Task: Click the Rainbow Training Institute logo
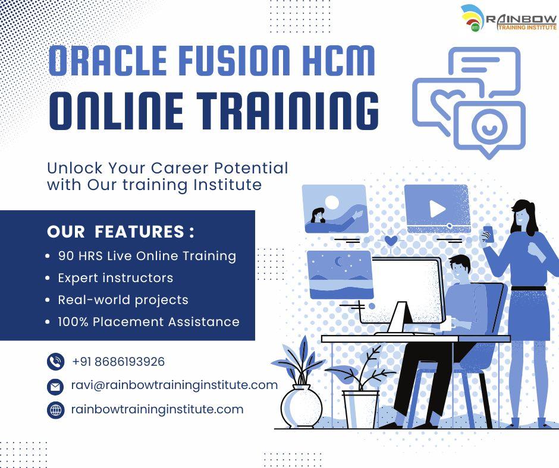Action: (508, 18)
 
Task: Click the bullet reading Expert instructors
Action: (115, 278)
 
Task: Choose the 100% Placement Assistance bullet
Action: (148, 322)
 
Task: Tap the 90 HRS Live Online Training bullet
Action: (147, 256)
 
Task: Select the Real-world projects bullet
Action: (123, 300)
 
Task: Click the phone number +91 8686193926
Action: (118, 362)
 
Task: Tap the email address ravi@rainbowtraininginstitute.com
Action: (174, 385)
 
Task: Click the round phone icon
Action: (55, 362)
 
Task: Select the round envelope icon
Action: (55, 386)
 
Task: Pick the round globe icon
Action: (55, 410)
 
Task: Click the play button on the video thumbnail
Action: (437, 208)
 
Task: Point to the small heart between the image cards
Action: (391, 241)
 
